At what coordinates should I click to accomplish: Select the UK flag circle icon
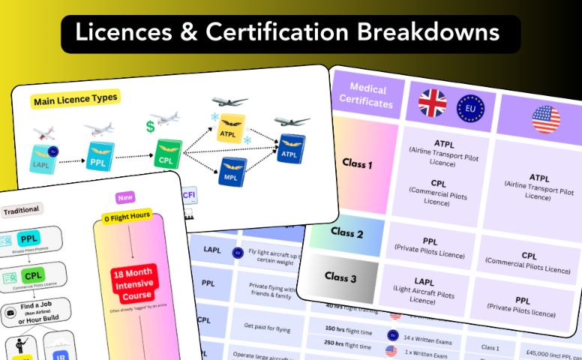pyautogui.click(x=433, y=104)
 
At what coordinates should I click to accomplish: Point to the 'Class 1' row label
pyautogui.click(x=357, y=163)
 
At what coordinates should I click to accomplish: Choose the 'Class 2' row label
pyautogui.click(x=347, y=233)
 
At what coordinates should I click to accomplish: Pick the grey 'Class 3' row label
pyautogui.click(x=340, y=277)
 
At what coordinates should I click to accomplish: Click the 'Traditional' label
pyautogui.click(x=21, y=210)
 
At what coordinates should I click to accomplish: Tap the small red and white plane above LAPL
pyautogui.click(x=44, y=134)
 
